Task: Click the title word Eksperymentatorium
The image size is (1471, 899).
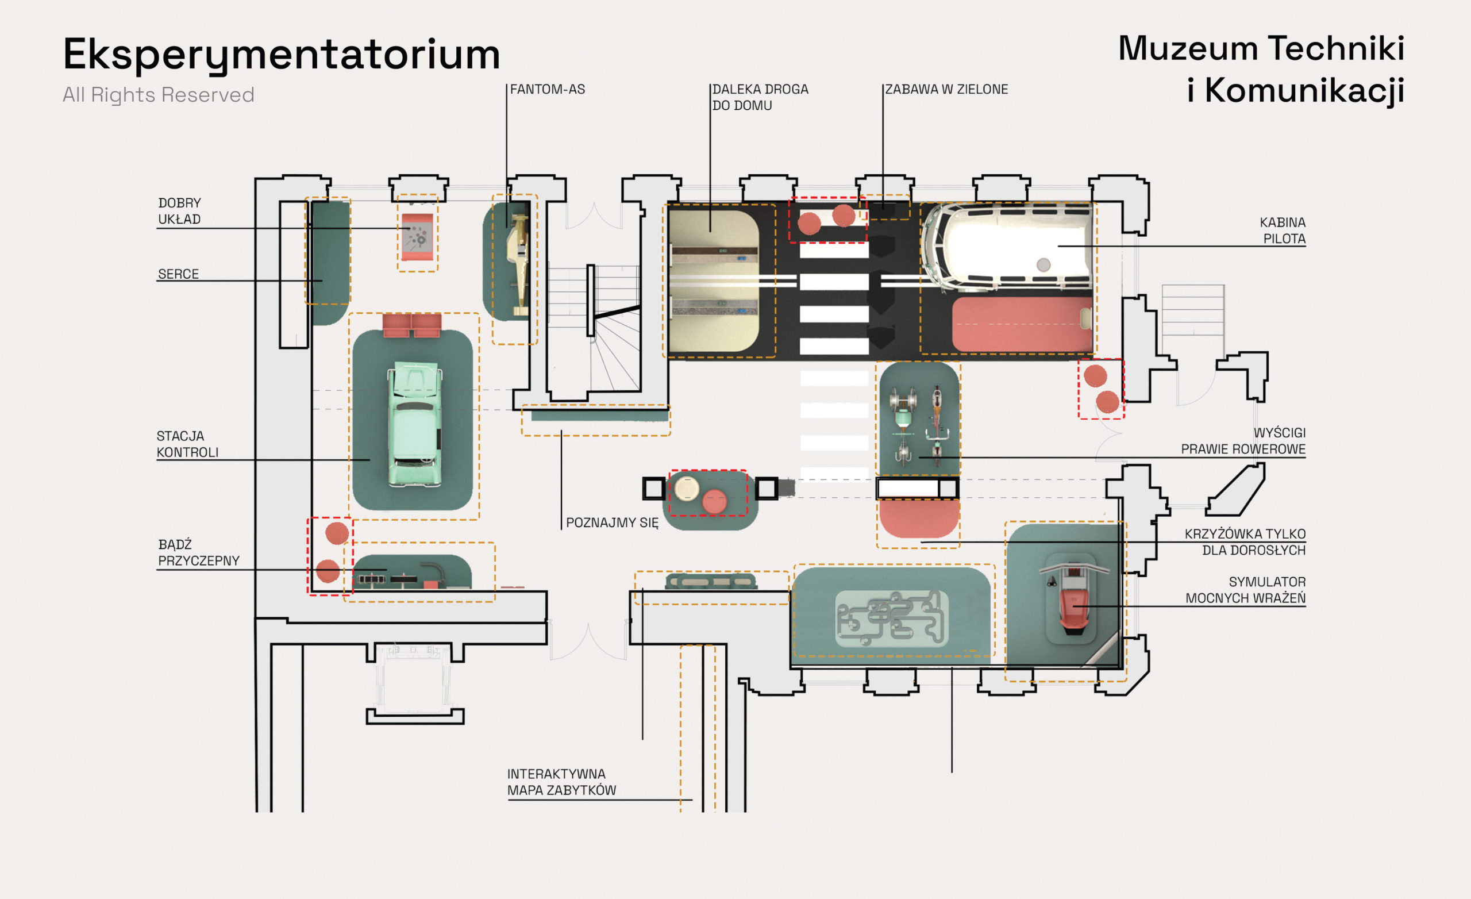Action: tap(281, 55)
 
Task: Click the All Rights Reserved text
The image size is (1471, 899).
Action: tap(158, 94)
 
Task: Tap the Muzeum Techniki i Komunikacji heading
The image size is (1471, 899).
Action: tap(1261, 69)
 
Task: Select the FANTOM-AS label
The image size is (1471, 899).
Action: tap(548, 90)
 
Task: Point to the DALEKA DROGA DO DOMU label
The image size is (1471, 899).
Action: tap(760, 97)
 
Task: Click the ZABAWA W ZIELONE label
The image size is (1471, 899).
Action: tap(946, 90)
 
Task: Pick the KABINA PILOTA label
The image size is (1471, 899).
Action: tap(1283, 230)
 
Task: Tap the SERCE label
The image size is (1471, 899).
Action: tap(178, 274)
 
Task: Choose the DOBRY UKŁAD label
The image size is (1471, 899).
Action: tap(180, 212)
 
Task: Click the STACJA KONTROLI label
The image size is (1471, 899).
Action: tap(187, 444)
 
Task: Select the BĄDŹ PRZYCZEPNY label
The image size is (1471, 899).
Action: tap(198, 552)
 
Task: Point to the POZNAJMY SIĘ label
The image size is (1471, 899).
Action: tap(612, 523)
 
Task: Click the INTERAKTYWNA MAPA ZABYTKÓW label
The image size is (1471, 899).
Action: tap(561, 782)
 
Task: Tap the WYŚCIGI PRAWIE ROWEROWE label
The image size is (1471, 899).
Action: tap(1243, 441)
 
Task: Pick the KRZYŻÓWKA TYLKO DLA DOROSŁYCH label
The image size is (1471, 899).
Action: tap(1245, 542)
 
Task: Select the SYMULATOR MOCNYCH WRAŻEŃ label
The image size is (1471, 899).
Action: tap(1245, 590)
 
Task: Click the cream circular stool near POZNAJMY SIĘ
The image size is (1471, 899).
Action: tap(687, 489)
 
